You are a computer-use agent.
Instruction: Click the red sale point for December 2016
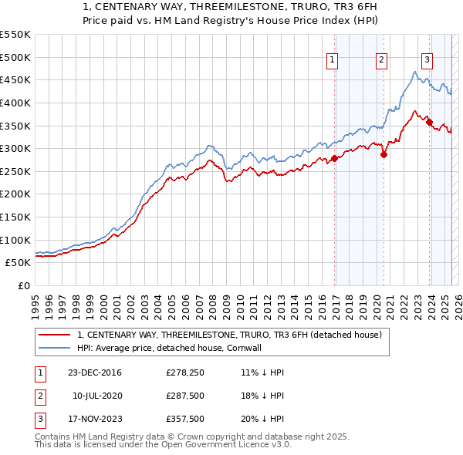(x=335, y=158)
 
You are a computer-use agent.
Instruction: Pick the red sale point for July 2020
(x=384, y=153)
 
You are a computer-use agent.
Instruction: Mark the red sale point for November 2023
(x=429, y=122)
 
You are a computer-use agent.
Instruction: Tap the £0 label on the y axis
(x=24, y=285)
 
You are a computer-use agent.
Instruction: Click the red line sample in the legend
(x=55, y=335)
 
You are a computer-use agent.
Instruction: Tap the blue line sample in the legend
(x=55, y=348)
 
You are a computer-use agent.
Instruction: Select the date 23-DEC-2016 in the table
(x=94, y=372)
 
